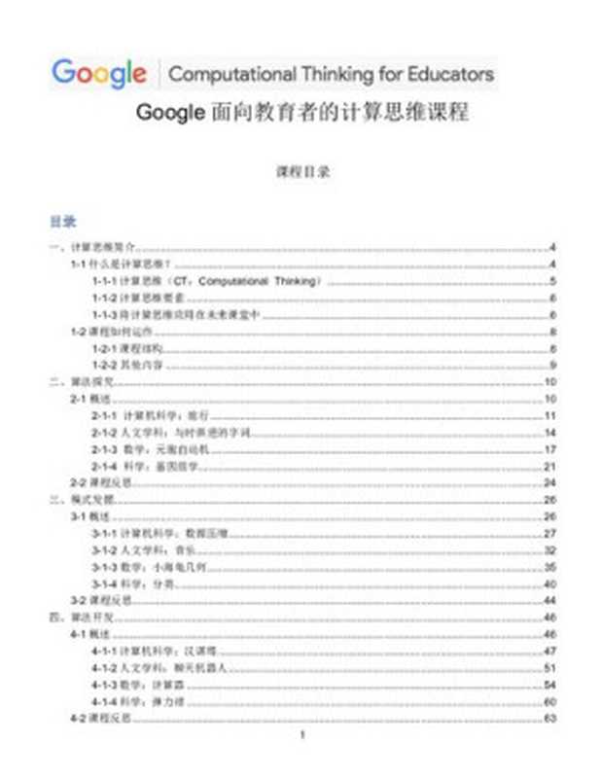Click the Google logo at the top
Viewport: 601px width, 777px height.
tap(98, 73)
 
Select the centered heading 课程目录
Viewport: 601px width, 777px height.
tap(302, 171)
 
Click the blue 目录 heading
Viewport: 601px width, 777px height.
tap(63, 222)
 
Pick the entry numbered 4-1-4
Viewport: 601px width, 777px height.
tap(140, 701)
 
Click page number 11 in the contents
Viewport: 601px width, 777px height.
tap(549, 415)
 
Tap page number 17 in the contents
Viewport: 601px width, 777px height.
tap(549, 448)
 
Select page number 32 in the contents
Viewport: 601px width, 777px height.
tap(549, 549)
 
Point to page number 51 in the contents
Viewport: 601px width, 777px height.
tap(549, 667)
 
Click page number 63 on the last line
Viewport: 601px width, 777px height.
tap(549, 718)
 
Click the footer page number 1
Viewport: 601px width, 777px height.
tap(302, 736)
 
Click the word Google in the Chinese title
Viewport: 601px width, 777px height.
tap(170, 112)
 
